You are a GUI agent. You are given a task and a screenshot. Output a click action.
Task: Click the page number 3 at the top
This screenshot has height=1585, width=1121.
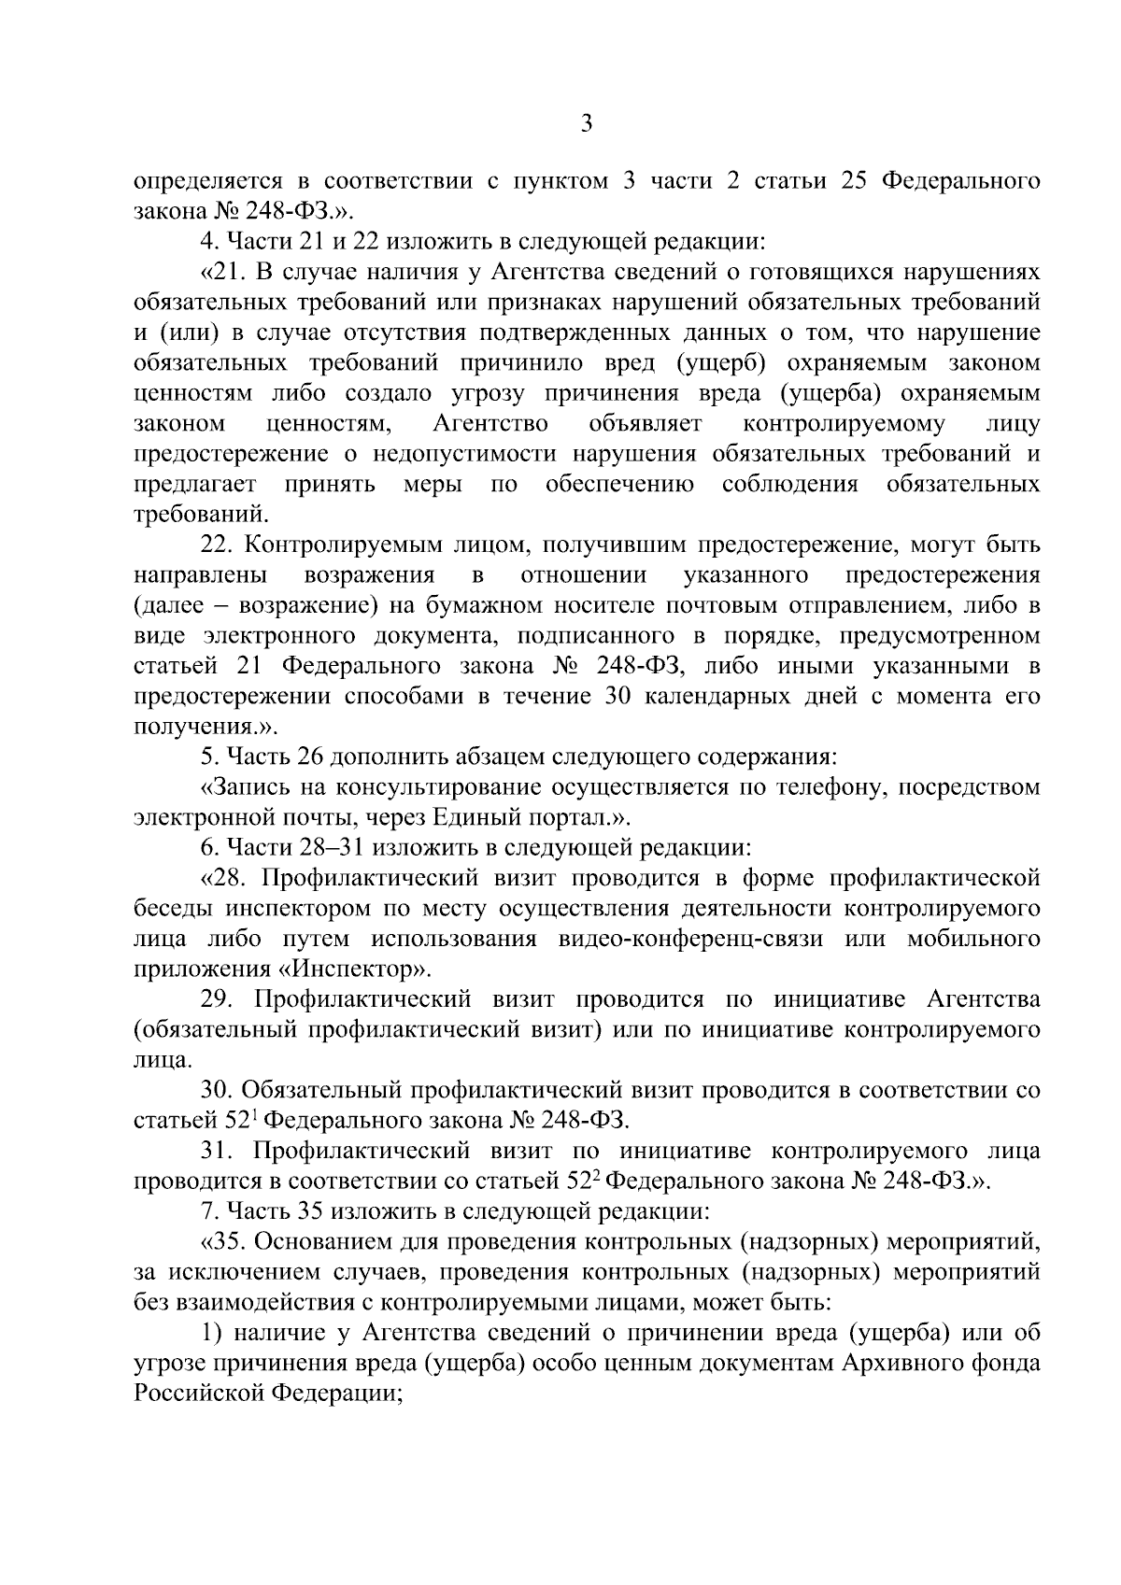pyautogui.click(x=586, y=124)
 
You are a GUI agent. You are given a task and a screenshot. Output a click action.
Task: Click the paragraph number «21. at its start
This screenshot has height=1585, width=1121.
pyautogui.click(x=223, y=272)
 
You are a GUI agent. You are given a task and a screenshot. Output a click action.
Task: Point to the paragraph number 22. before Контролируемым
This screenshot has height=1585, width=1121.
pyautogui.click(x=221, y=545)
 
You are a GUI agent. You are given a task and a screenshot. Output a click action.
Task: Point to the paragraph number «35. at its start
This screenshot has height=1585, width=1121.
pyautogui.click(x=222, y=1242)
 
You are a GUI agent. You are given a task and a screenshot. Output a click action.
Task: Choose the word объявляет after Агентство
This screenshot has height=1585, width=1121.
pyautogui.click(x=646, y=423)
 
